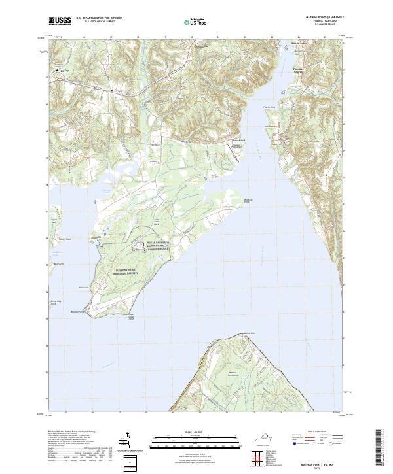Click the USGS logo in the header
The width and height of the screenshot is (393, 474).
[60, 21]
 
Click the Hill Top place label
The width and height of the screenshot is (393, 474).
[64, 71]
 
